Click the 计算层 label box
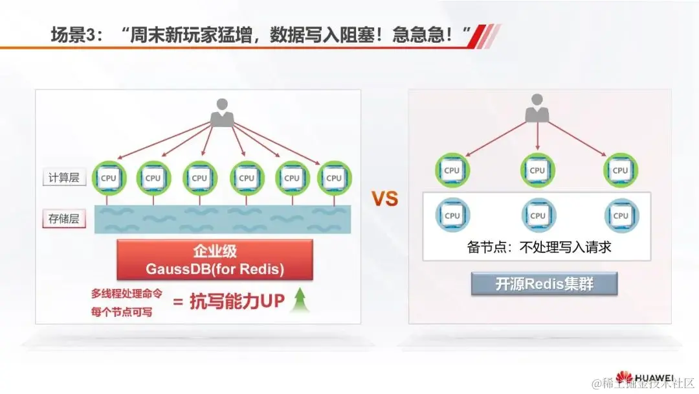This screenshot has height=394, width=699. pyautogui.click(x=64, y=177)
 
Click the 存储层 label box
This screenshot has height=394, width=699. pyautogui.click(x=64, y=218)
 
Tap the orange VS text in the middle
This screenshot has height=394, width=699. pyautogui.click(x=384, y=199)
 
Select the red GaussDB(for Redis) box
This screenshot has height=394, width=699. pyautogui.click(x=214, y=260)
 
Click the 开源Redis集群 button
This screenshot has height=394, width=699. pyautogui.click(x=544, y=284)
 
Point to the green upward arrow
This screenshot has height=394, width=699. pyautogui.click(x=299, y=300)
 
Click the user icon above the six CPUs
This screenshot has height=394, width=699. pyautogui.click(x=221, y=111)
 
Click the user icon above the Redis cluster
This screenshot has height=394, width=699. pyautogui.click(x=536, y=108)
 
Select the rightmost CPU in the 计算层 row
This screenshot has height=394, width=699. pyautogui.click(x=334, y=178)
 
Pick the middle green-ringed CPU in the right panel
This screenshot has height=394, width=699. pyautogui.click(x=537, y=170)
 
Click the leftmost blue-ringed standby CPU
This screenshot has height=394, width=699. pyautogui.click(x=452, y=215)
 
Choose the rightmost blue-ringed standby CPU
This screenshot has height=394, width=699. pyautogui.click(x=621, y=215)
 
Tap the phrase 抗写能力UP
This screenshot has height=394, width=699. pyautogui.click(x=237, y=301)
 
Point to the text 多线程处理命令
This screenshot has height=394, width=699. pyautogui.click(x=123, y=292)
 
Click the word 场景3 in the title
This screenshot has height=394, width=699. pyautogui.click(x=74, y=35)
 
